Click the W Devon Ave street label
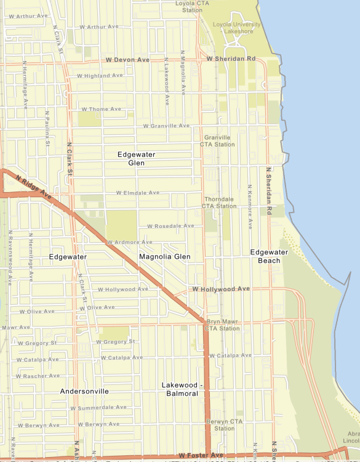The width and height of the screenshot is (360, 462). tap(127, 60)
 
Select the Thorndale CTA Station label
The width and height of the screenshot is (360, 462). tap(219, 203)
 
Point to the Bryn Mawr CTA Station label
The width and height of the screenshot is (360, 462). tap(223, 325)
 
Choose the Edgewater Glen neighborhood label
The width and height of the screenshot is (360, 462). tap(137, 159)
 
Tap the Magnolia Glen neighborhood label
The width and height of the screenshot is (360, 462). tap(164, 256)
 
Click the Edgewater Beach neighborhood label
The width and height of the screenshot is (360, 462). tap(265, 256)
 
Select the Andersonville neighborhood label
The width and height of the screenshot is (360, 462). tap(84, 391)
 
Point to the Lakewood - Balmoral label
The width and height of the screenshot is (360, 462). tap(182, 389)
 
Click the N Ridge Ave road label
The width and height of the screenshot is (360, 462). tap(33, 186)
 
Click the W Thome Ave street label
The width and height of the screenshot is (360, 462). tap(101, 109)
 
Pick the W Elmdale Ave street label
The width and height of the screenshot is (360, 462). tap(137, 193)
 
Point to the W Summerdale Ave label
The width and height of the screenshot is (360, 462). tap(98, 407)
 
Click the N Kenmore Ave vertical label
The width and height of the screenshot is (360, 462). tap(250, 206)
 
